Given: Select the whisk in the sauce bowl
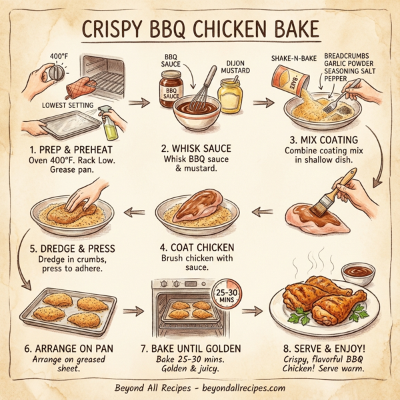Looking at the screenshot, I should pos(203,90).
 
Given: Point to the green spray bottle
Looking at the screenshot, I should pos(107,122).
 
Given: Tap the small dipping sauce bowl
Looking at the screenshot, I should pos(357,273).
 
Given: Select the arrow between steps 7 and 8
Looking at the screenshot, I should pos(252,311).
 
